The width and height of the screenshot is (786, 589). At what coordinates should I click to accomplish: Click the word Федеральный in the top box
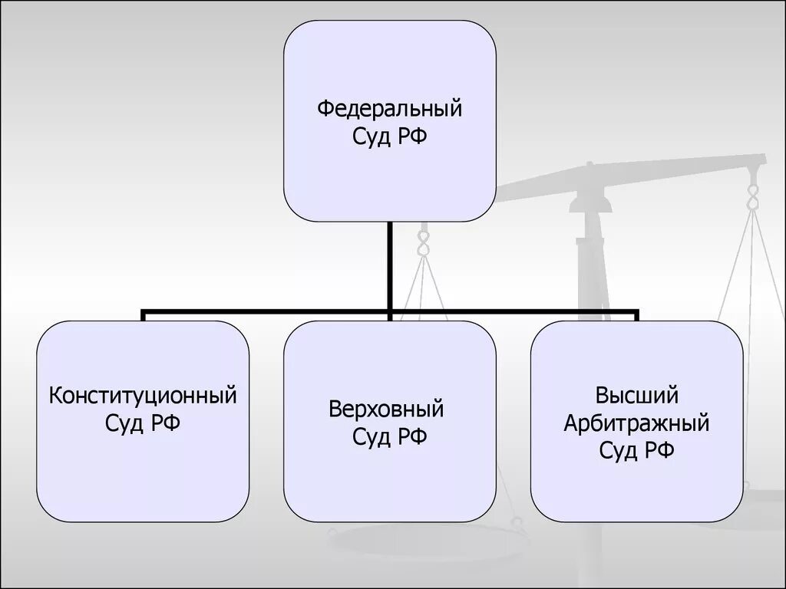click(x=389, y=108)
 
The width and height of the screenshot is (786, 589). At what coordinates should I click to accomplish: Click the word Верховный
click(x=387, y=409)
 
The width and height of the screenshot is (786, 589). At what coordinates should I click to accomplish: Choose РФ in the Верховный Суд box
click(x=412, y=436)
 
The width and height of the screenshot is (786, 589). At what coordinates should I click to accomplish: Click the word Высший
click(x=636, y=396)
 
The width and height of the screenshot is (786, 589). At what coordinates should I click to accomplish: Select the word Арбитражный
click(x=636, y=423)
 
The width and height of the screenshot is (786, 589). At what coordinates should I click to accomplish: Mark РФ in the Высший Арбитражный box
click(x=659, y=449)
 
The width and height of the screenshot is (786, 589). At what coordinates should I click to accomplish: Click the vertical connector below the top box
click(x=391, y=265)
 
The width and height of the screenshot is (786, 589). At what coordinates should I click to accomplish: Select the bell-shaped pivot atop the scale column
click(x=591, y=201)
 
